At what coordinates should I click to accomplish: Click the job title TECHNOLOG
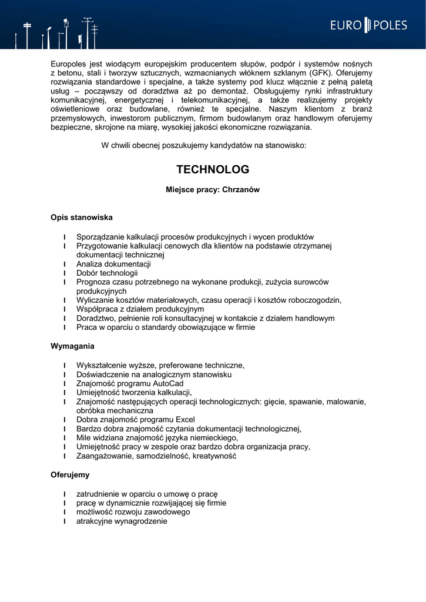(213, 169)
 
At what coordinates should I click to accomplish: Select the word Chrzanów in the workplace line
(241, 190)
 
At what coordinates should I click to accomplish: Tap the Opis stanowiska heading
(82, 218)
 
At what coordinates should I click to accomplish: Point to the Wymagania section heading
(72, 346)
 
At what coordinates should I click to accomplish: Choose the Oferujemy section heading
(70, 474)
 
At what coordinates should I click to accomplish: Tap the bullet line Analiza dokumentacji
(113, 264)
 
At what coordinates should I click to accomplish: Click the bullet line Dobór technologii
(107, 273)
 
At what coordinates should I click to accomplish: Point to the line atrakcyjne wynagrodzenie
(122, 521)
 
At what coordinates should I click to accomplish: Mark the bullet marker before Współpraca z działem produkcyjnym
(65, 309)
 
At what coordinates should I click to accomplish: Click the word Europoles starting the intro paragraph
(69, 63)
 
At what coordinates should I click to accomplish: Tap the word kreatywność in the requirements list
(214, 456)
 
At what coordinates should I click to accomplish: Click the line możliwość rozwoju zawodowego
(133, 512)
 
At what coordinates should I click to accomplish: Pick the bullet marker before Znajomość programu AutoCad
(65, 383)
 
